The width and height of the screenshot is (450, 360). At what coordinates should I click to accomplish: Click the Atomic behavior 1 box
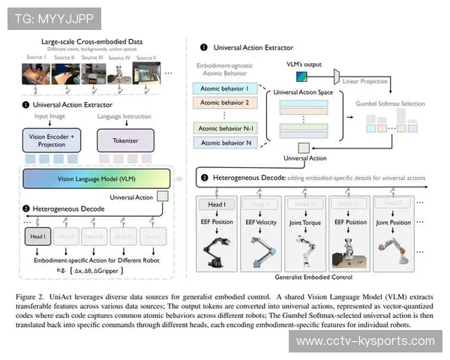(226, 88)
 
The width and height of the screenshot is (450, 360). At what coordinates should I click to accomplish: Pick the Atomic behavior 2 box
(226, 103)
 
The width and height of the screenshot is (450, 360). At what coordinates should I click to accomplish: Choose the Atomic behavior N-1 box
(226, 128)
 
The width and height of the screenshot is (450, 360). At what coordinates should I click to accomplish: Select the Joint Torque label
(305, 223)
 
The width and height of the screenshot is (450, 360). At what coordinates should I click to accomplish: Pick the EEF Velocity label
(260, 223)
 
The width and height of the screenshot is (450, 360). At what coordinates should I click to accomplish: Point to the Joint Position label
(395, 223)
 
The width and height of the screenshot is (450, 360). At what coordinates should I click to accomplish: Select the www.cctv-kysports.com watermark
(365, 341)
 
